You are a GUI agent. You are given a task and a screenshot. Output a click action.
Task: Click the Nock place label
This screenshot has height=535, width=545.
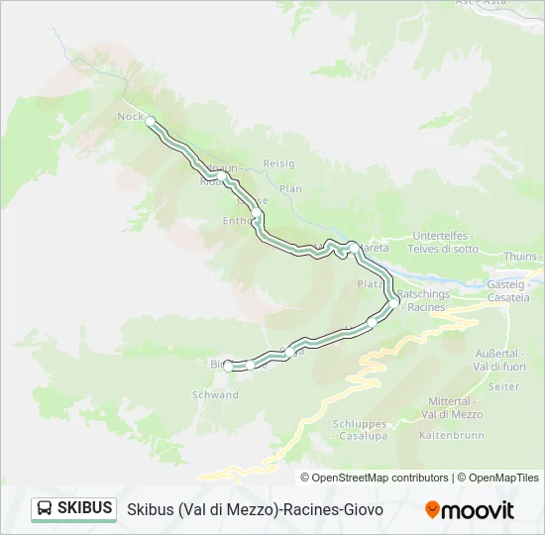pos(131,116)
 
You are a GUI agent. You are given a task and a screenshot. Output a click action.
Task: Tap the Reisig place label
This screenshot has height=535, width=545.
pos(278,163)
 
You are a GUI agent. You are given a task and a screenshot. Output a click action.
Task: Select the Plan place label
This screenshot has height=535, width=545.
pos(289,188)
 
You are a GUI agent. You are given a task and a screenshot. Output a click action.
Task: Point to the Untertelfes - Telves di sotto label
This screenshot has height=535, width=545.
pos(445,242)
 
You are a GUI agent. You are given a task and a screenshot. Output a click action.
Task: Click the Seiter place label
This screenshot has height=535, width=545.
pos(503,386)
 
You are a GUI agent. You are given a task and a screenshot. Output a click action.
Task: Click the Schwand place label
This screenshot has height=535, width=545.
pos(216,394)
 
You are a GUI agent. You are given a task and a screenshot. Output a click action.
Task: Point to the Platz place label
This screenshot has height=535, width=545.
pos(369,284)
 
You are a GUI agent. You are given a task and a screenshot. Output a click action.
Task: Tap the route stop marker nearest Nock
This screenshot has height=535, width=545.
pos(151,121)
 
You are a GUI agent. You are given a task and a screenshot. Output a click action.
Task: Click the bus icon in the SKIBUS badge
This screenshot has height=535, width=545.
pos(45,508)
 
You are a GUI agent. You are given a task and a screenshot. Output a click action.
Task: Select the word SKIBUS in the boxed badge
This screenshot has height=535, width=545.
pos(84,508)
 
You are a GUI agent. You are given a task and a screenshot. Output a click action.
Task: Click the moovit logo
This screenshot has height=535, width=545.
pos(470,509)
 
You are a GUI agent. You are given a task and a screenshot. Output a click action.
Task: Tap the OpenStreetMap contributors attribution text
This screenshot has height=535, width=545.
pos(380,478)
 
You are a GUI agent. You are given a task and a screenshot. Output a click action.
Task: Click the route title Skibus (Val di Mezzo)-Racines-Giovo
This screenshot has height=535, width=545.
pos(255,509)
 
